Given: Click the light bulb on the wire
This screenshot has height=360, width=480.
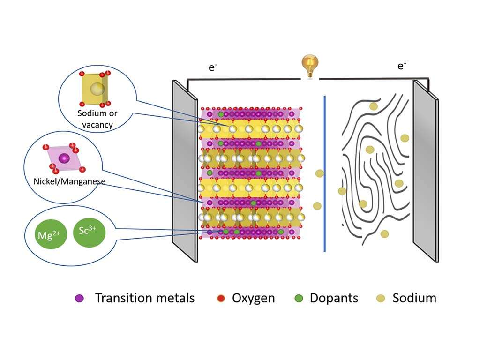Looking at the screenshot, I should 309,66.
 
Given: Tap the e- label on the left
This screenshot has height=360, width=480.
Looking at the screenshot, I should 213,68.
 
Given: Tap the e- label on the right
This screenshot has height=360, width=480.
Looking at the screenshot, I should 402,66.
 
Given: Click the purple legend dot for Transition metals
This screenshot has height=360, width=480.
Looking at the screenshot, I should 80,298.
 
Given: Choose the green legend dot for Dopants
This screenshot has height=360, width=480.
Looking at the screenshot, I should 299,298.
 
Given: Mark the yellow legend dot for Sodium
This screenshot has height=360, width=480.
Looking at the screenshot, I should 381,298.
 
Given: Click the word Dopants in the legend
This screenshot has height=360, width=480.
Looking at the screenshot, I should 334,298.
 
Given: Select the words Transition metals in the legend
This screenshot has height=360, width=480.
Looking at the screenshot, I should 144,298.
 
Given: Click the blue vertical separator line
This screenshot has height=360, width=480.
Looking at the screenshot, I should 324,173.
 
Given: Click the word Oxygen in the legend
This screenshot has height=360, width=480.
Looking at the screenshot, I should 253,298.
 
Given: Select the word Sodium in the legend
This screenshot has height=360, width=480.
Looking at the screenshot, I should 414,298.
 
